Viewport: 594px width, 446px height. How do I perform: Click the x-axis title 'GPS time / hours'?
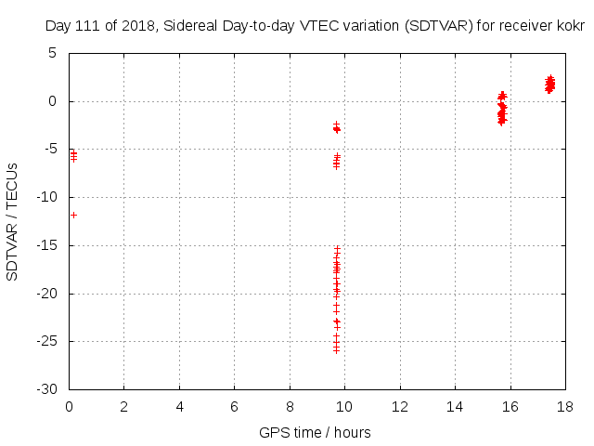click(315, 432)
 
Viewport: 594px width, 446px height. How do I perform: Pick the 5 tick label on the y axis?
click(53, 53)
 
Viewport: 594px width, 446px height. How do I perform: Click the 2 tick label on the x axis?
click(123, 406)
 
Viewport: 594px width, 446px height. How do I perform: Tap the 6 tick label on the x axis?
click(234, 406)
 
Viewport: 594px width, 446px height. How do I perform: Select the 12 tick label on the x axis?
click(400, 406)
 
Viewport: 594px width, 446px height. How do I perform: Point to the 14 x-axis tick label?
click(455, 406)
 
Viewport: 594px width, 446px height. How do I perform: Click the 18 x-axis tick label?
click(565, 406)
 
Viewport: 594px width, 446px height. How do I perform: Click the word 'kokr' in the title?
click(571, 26)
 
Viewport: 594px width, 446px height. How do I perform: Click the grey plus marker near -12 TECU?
click(73, 215)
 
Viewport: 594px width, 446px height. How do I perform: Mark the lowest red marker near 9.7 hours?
click(336, 350)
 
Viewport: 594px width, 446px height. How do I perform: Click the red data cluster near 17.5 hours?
click(549, 85)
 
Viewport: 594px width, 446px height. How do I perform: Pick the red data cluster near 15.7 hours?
click(502, 109)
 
